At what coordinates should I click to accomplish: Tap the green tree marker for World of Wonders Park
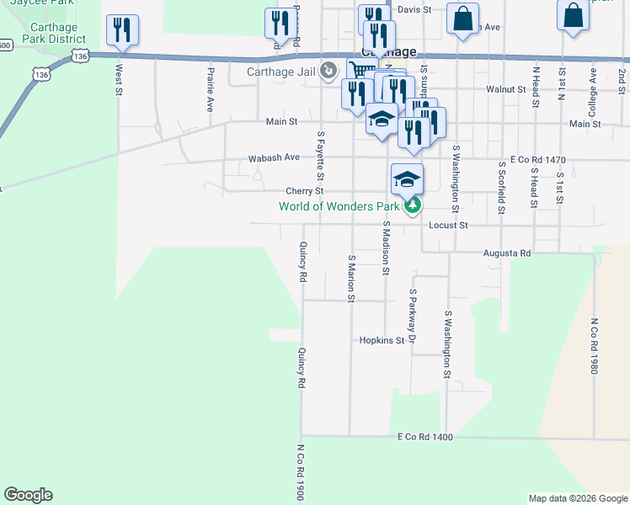tap(412, 205)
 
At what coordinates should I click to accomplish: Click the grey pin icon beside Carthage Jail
tap(329, 71)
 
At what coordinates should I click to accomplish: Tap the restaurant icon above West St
tap(123, 30)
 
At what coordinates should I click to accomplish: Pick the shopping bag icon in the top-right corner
tap(573, 15)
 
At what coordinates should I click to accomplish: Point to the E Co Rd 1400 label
tap(425, 438)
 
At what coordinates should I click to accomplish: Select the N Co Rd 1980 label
tap(594, 345)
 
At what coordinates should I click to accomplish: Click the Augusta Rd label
tap(507, 253)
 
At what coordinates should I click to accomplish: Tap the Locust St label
tap(447, 226)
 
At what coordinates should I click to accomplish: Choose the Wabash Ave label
tap(274, 158)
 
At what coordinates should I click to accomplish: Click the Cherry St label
tap(304, 191)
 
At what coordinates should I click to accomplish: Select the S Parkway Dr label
tap(413, 316)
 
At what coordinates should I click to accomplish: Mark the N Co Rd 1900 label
tap(300, 473)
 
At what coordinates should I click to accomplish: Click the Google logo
tap(28, 495)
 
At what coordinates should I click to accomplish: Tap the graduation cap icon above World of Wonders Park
tap(407, 179)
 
